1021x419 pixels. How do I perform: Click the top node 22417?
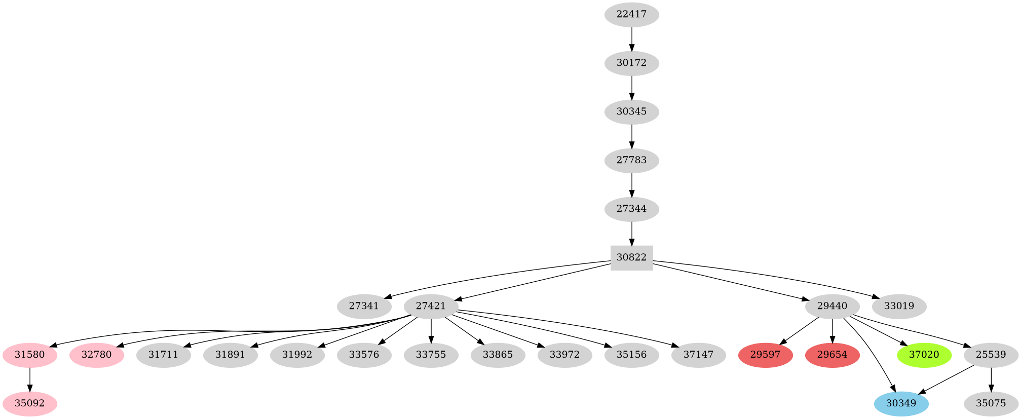(x=631, y=15)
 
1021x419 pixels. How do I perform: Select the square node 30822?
(x=631, y=257)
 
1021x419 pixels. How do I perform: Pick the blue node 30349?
(x=901, y=403)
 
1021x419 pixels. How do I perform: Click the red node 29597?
(x=765, y=355)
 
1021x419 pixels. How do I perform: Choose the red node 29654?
(x=832, y=355)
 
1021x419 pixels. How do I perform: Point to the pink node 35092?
(x=30, y=403)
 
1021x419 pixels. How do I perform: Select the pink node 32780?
(x=96, y=355)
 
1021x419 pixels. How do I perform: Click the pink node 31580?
(x=30, y=355)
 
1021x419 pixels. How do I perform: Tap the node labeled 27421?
(x=431, y=306)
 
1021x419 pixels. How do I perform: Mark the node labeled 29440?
(x=832, y=306)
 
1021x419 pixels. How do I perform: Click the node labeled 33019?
(x=899, y=306)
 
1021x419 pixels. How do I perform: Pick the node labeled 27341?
(x=364, y=306)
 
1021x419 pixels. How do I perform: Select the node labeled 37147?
(x=698, y=355)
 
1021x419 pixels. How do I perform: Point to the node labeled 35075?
(x=991, y=403)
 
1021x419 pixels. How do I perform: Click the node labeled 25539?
(x=991, y=355)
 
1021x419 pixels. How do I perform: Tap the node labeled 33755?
(x=431, y=355)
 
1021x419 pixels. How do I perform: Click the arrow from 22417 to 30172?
(x=631, y=39)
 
